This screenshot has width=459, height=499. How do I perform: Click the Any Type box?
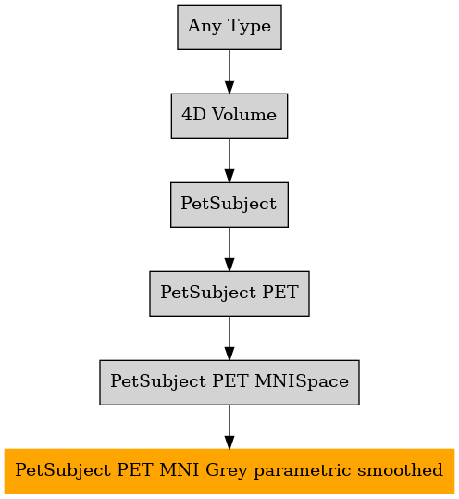pyautogui.click(x=229, y=27)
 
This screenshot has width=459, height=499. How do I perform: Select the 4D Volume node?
pyautogui.click(x=229, y=116)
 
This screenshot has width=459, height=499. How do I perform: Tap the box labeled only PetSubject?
pyautogui.click(x=229, y=205)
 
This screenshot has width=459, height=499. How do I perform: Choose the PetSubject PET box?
pyautogui.click(x=229, y=293)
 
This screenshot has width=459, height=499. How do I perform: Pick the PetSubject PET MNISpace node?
pyautogui.click(x=229, y=382)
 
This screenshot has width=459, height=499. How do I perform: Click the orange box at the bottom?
pyautogui.click(x=229, y=471)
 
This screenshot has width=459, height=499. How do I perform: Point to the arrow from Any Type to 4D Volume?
pyautogui.click(x=229, y=71)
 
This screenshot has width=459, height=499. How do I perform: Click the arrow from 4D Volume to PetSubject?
pyautogui.click(x=229, y=160)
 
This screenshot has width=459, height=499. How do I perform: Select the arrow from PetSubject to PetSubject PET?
pyautogui.click(x=229, y=249)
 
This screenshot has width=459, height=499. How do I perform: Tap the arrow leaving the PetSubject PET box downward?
pyautogui.click(x=229, y=338)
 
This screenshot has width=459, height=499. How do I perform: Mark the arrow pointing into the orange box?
pyautogui.click(x=229, y=427)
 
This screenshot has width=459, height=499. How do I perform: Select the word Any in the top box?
pyautogui.click(x=205, y=27)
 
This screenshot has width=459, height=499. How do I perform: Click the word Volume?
pyautogui.click(x=244, y=114)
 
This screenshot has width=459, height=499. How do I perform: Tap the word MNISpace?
pyautogui.click(x=302, y=381)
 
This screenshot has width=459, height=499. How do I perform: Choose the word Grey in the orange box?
pyautogui.click(x=226, y=471)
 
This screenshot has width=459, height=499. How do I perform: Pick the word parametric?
pyautogui.click(x=303, y=471)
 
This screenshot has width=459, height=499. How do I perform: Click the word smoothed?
pyautogui.click(x=400, y=470)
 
